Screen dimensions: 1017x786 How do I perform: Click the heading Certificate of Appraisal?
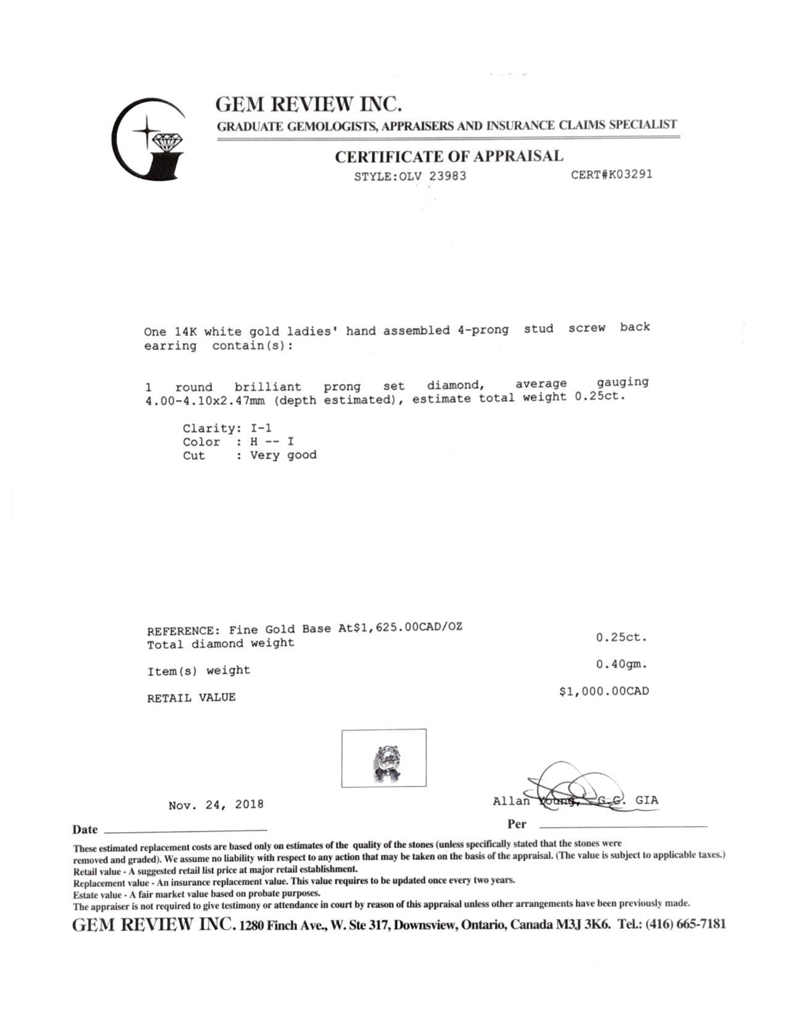click(x=449, y=157)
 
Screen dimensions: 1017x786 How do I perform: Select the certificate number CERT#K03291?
click(x=611, y=174)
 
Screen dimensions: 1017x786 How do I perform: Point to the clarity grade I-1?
click(x=261, y=428)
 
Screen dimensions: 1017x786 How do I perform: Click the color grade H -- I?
click(x=272, y=441)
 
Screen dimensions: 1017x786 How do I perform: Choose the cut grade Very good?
click(x=283, y=455)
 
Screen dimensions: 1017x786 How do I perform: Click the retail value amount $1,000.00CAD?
click(x=604, y=691)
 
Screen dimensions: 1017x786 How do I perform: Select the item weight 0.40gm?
click(x=621, y=664)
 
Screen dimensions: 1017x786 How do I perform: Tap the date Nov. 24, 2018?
click(x=216, y=804)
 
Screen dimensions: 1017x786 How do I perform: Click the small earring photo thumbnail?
click(x=383, y=758)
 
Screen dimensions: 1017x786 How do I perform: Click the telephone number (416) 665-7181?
click(x=686, y=924)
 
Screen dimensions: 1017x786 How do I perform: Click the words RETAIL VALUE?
click(x=191, y=698)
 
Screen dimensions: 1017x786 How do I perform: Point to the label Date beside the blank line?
click(x=85, y=830)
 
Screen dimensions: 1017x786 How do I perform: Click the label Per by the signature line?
click(x=517, y=824)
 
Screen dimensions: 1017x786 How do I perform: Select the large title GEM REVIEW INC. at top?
click(x=309, y=104)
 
